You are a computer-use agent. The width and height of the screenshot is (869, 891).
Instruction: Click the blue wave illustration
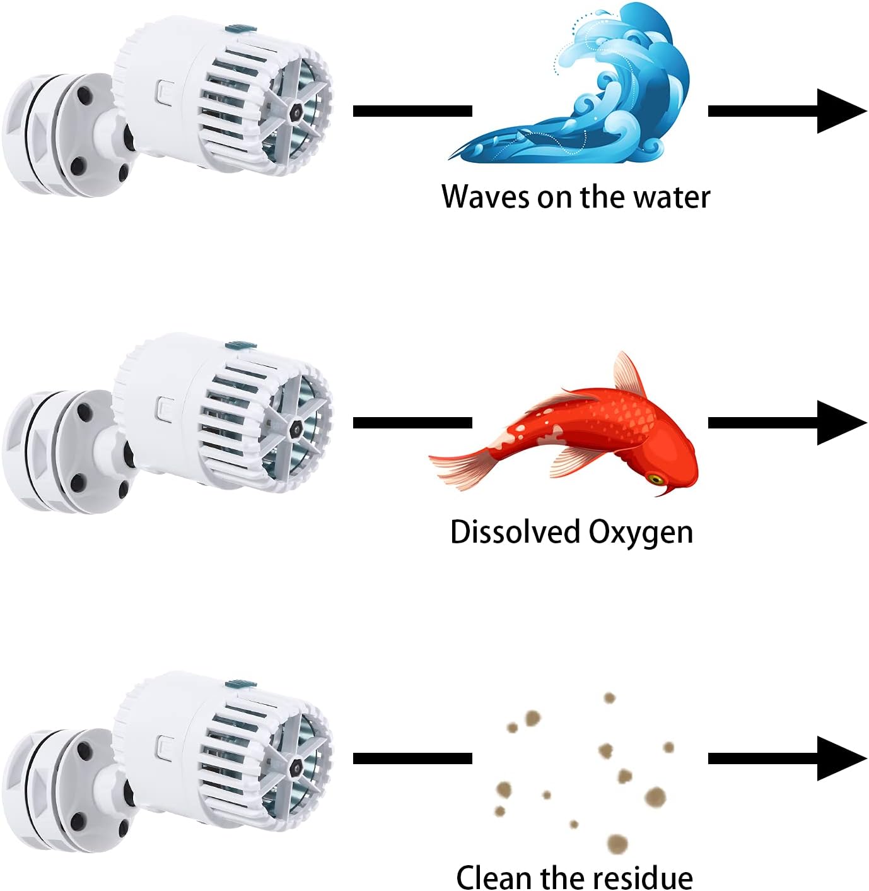pos(586,95)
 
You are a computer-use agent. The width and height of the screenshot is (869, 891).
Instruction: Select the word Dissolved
pos(515,532)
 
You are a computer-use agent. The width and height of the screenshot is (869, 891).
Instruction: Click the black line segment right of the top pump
pos(412,111)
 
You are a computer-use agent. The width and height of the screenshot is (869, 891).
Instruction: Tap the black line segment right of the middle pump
pos(412,422)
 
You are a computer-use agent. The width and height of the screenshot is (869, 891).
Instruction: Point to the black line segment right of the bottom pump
pos(412,758)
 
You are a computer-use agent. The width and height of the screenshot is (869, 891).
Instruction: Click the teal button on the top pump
pos(241,28)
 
